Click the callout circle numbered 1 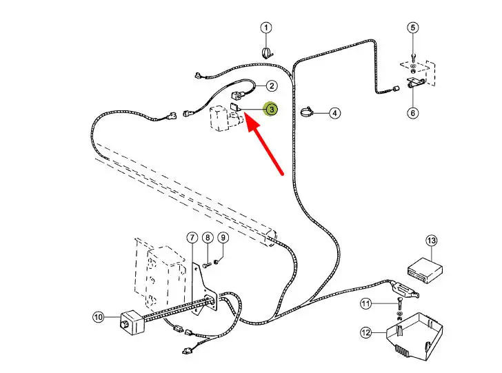tap(266, 28)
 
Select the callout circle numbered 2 tap(272, 86)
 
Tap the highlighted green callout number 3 tap(272, 109)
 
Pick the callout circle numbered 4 tap(334, 113)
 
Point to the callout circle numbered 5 tap(413, 28)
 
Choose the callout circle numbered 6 tap(413, 113)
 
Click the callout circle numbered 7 tap(192, 238)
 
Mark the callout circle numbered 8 tap(208, 238)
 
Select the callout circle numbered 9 tap(223, 238)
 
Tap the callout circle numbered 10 tap(98, 317)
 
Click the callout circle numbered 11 tap(365, 303)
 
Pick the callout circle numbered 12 tap(365, 333)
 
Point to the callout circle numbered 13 tap(431, 241)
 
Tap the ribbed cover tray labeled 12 tap(413, 334)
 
